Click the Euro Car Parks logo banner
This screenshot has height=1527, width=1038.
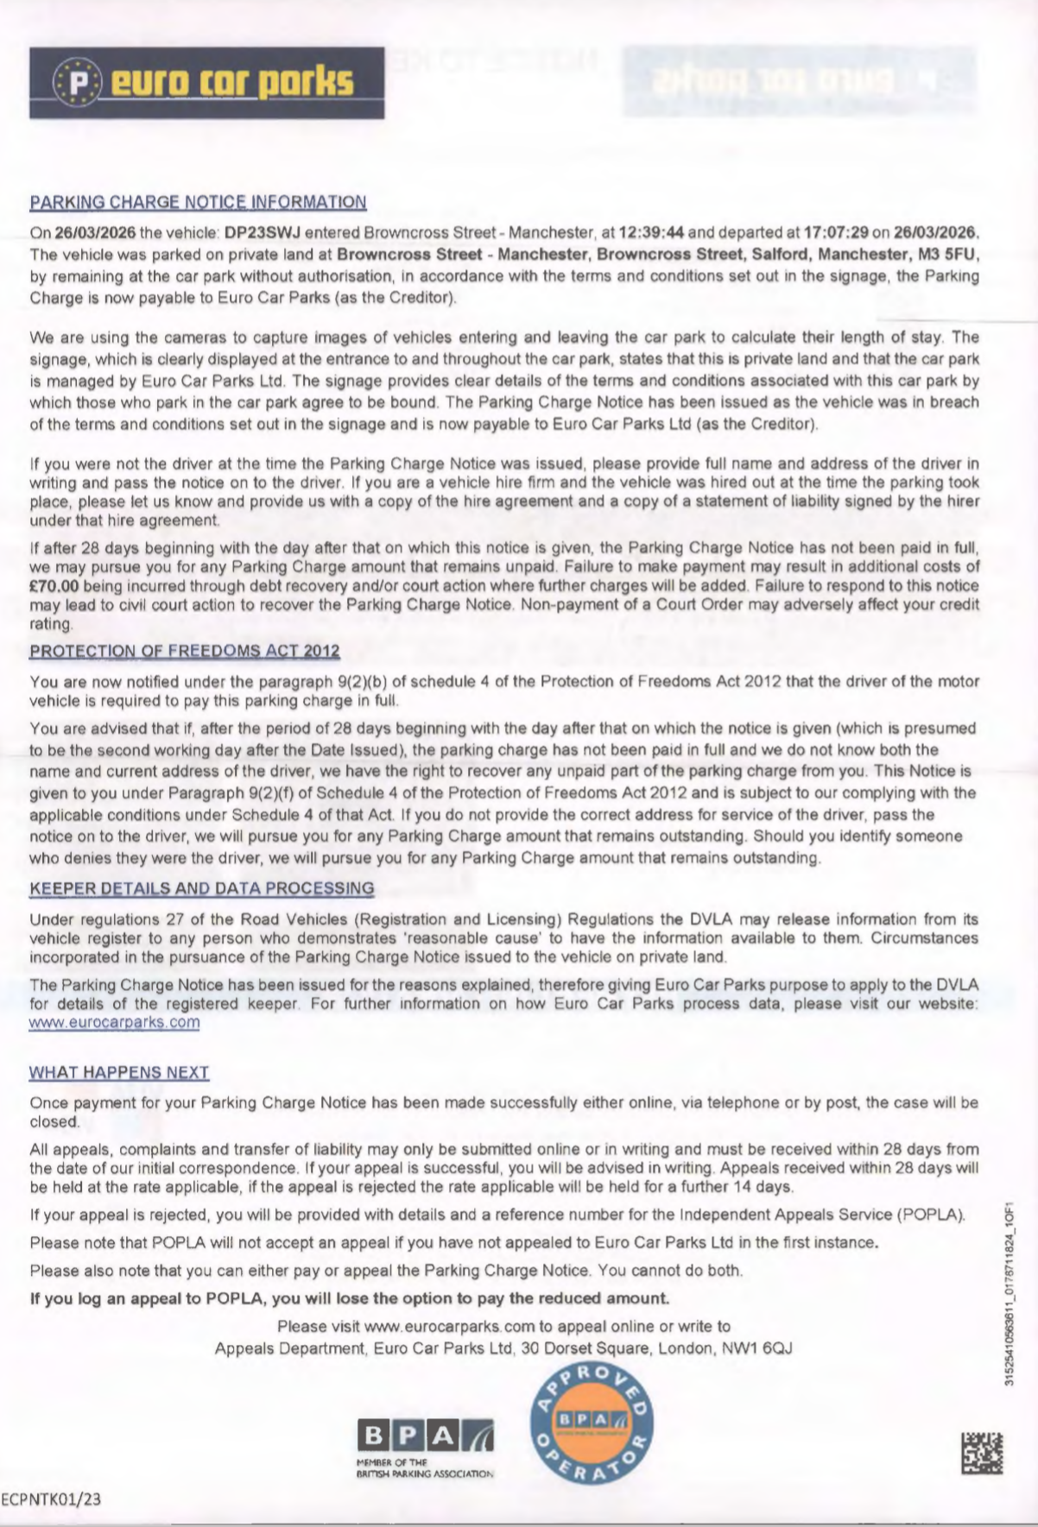coord(206,82)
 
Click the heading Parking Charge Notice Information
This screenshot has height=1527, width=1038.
coord(198,202)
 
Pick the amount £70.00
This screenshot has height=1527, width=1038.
coord(54,585)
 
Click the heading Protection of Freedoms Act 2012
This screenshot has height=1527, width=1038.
coord(185,651)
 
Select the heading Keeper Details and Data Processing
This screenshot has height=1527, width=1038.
coord(202,888)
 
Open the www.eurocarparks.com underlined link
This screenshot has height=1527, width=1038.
coord(115,1022)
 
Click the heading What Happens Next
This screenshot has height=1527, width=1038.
coord(119,1072)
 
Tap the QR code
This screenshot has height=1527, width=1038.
coord(982,1452)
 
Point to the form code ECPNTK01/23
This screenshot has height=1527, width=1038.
coord(52,1499)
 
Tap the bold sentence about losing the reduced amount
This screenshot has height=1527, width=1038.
coord(350,1298)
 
